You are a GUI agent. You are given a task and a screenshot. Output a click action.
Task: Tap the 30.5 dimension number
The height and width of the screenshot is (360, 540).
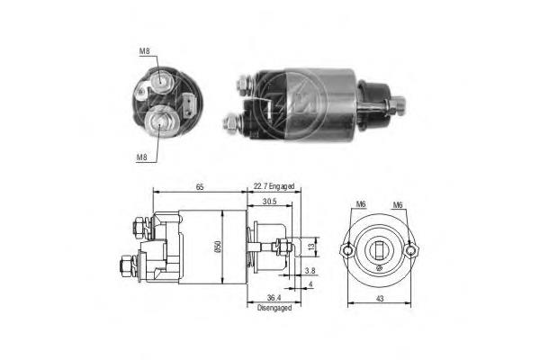coord(270,202)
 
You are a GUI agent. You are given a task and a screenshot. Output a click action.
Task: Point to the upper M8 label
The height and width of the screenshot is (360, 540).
coord(144,52)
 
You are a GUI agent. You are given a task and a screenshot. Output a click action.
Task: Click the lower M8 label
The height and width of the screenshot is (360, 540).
coord(141,157)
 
